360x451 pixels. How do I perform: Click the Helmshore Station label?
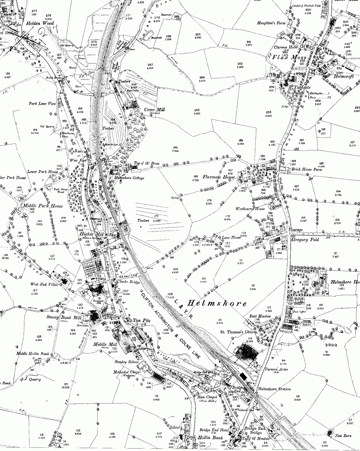coord(274,389)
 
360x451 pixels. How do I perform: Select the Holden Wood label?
coord(38,24)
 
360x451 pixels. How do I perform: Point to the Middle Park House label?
coord(43,206)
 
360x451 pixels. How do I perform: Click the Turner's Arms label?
coord(278,370)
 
